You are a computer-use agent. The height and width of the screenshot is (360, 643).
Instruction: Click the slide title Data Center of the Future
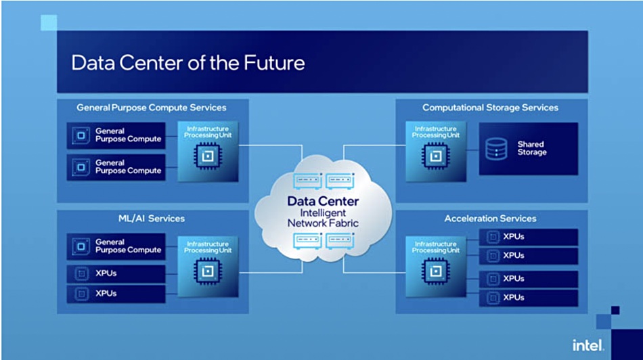[x=187, y=63]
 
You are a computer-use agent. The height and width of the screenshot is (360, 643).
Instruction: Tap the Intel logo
[x=588, y=345]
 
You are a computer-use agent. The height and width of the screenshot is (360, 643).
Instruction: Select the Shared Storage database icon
[x=496, y=148]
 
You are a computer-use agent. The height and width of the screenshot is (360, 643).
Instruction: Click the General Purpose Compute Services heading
[x=152, y=108]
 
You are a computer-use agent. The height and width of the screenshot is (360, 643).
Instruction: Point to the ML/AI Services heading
[x=152, y=219]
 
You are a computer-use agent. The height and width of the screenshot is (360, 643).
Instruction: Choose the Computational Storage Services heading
[x=491, y=108]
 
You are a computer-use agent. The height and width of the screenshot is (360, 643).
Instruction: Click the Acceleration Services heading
[x=491, y=219]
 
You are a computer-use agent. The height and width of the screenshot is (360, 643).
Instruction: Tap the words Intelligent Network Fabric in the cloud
[x=323, y=218]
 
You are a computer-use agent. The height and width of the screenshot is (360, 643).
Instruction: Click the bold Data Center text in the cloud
[x=323, y=202]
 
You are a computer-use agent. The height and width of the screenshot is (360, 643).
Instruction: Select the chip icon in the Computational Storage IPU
[x=435, y=156]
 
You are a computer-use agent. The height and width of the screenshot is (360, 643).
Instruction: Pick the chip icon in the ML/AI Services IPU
[x=208, y=271]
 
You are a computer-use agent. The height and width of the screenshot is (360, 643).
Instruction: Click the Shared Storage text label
[x=532, y=148]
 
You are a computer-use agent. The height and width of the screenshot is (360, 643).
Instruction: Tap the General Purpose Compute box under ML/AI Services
[x=116, y=246]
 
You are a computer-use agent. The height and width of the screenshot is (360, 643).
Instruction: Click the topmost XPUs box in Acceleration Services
[x=529, y=237]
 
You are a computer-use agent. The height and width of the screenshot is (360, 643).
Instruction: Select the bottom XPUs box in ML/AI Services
[x=116, y=294]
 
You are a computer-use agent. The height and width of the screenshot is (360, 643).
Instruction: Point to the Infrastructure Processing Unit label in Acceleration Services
[x=435, y=247]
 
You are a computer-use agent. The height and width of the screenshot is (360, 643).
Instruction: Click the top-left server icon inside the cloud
[x=307, y=181]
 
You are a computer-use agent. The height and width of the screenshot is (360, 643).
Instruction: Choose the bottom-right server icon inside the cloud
[x=340, y=241]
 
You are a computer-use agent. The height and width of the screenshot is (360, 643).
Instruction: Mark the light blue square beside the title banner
[x=49, y=22]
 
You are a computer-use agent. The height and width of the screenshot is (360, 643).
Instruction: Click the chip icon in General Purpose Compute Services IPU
[x=208, y=156]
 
